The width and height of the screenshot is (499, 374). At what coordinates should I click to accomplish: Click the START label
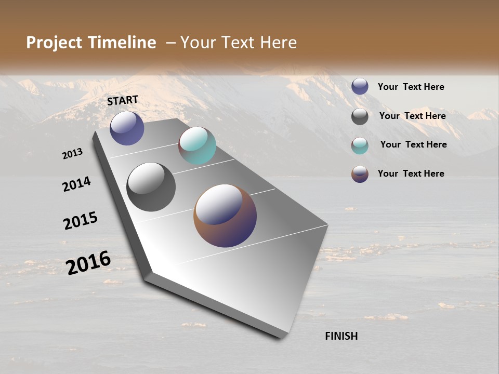[x=123, y=100]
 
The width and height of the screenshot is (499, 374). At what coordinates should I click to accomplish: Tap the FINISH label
[x=341, y=336]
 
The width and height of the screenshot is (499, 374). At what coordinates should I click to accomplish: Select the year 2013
[x=72, y=154]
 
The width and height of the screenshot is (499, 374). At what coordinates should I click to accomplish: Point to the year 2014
[x=76, y=184]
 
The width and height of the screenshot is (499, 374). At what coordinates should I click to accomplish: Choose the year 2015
[x=80, y=220]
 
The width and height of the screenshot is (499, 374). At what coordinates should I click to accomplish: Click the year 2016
[x=88, y=262]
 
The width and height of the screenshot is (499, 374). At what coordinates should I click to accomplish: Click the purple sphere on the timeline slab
[x=127, y=128]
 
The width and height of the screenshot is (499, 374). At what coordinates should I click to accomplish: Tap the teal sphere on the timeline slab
[x=197, y=145]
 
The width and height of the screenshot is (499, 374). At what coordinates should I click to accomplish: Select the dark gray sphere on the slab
[x=151, y=186]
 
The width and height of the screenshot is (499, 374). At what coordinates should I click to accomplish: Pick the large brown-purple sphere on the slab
[x=225, y=215]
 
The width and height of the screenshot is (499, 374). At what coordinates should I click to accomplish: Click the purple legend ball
[x=360, y=87]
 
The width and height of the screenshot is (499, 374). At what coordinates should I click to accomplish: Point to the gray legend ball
[x=360, y=116]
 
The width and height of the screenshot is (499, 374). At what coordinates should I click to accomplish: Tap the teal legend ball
[x=360, y=145]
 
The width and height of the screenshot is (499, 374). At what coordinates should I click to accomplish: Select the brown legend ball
[x=360, y=174]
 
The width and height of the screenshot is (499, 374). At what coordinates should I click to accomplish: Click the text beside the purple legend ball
[x=411, y=87]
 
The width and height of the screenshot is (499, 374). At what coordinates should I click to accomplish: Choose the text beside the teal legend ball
[x=413, y=144]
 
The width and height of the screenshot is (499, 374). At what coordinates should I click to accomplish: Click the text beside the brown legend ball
[x=411, y=173]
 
